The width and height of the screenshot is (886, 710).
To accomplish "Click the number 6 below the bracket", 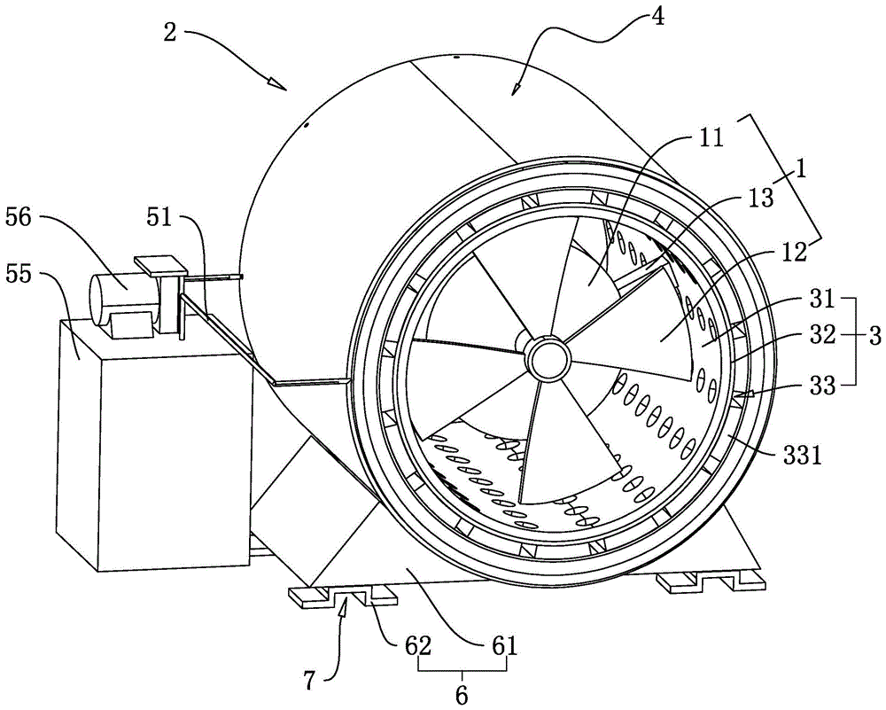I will [x=461, y=696].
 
